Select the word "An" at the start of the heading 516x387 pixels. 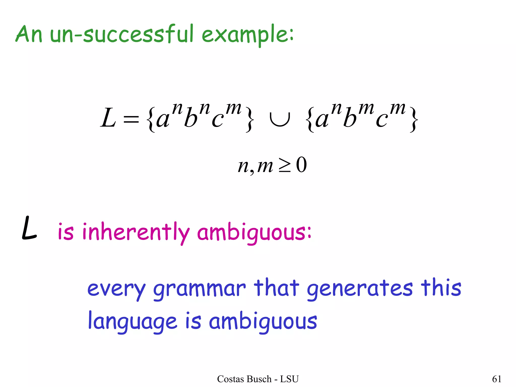click(x=29, y=34)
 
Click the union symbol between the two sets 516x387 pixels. click(x=280, y=118)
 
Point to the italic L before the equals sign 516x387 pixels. click(x=108, y=118)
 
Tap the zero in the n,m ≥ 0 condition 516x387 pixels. click(x=301, y=165)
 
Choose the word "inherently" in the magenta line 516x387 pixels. click(x=136, y=232)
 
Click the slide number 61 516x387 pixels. click(x=497, y=379)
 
